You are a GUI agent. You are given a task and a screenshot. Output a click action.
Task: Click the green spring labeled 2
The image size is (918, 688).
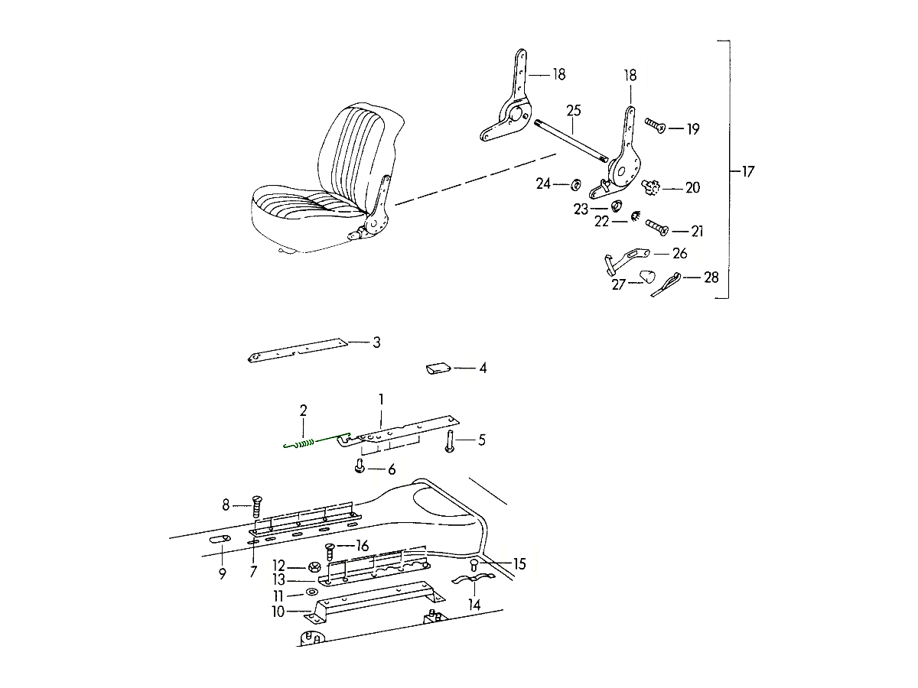(306, 442)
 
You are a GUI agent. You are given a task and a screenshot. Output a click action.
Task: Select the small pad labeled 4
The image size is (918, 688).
(438, 369)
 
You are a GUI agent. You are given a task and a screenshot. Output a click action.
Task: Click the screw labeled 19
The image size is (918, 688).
(653, 125)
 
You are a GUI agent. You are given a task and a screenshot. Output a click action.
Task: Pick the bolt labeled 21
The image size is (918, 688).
(656, 228)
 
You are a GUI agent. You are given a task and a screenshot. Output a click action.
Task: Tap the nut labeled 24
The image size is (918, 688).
(575, 184)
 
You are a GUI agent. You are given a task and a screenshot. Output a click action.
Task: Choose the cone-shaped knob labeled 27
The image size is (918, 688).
(647, 276)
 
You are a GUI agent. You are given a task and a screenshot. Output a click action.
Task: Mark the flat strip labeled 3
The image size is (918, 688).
(298, 349)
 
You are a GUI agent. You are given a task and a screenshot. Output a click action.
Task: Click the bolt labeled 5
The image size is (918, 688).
(450, 442)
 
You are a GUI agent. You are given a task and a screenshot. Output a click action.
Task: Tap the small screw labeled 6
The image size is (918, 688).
(359, 466)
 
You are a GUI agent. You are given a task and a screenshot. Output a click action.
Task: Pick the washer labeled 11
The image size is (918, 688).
(312, 594)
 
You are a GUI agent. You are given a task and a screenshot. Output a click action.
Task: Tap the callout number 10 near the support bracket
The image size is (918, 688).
(277, 612)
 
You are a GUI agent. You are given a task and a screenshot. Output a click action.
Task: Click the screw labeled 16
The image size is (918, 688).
(331, 548)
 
